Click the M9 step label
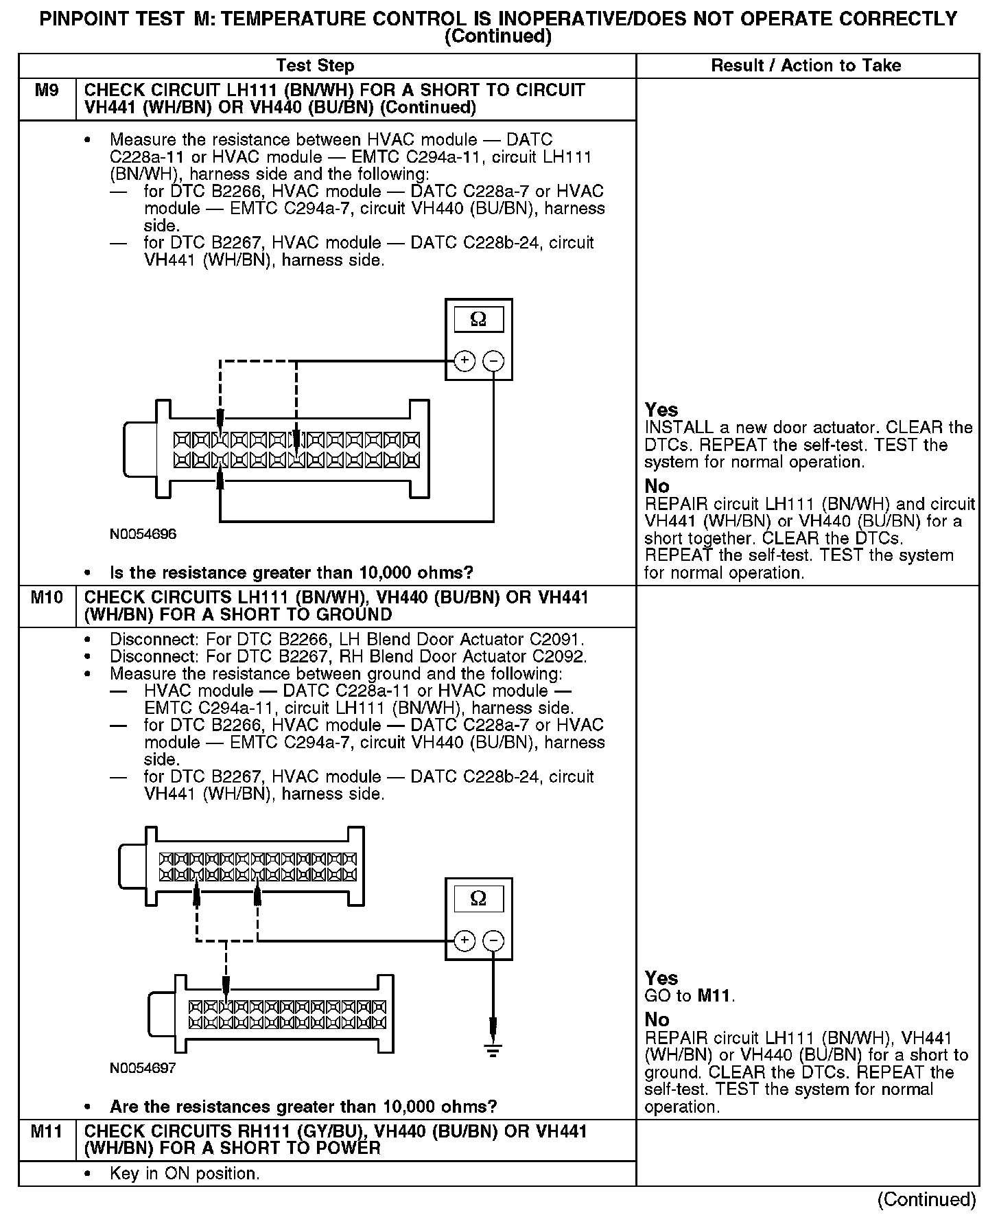[47, 91]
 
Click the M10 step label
[47, 597]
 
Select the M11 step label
[47, 1131]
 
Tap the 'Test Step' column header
[315, 66]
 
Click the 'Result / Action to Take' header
[806, 66]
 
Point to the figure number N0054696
[143, 534]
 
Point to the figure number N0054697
[143, 1068]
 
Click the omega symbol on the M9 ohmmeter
[478, 320]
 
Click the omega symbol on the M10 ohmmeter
[478, 899]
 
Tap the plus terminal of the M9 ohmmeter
[465, 361]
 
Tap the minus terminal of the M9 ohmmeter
[493, 361]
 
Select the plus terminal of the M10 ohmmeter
[465, 940]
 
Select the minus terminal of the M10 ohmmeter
[493, 940]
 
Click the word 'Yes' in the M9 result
[661, 410]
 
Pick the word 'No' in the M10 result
[657, 1019]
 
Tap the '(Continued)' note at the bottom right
[926, 1199]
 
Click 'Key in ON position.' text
[185, 1174]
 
